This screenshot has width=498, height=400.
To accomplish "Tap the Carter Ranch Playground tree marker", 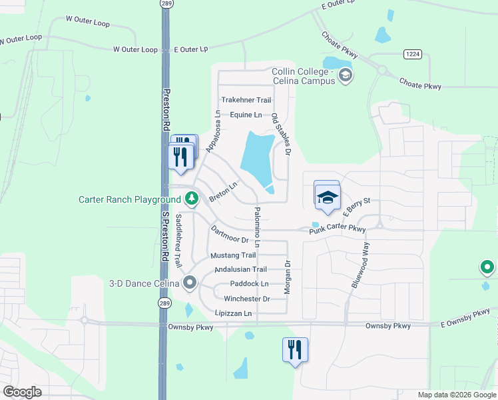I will [192, 199].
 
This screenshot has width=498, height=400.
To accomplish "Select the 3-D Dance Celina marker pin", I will [190, 283].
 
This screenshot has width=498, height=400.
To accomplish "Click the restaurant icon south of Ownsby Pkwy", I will [295, 349].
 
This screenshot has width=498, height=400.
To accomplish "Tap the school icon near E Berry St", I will [327, 197].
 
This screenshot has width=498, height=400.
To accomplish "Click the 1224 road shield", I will [411, 53].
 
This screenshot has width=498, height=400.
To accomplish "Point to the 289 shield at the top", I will [164, 3].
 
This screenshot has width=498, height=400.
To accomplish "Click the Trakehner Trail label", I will [246, 100].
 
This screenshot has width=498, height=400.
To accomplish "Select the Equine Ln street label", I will [246, 115].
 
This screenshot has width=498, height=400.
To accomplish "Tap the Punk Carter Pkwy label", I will [338, 229].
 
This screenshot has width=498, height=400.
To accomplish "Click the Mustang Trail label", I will [233, 255].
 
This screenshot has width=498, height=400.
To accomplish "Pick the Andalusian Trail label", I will [240, 269].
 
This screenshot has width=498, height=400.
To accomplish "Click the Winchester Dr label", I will [246, 299].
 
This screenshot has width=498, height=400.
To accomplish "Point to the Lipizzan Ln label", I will [233, 313].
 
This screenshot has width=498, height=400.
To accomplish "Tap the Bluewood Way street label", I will [360, 265].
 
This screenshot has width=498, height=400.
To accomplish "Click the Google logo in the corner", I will [22, 392].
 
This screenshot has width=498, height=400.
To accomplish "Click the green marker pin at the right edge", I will [487, 269].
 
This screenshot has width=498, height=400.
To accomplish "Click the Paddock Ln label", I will [249, 284].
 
